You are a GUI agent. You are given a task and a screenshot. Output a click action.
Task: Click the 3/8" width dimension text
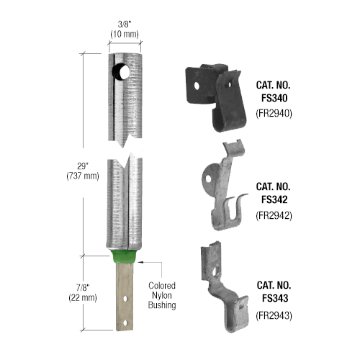[125, 24]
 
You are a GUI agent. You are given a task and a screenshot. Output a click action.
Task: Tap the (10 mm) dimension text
[125, 34]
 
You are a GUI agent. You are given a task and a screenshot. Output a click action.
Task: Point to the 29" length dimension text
[83, 166]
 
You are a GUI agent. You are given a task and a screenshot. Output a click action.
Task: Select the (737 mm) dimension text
[83, 176]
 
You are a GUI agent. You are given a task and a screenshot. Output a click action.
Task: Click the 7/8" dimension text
[83, 287]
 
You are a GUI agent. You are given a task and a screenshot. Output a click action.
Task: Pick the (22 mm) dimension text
[83, 297]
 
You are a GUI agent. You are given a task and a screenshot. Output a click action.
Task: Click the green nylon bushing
[124, 256]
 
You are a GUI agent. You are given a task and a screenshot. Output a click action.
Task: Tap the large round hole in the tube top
[121, 72]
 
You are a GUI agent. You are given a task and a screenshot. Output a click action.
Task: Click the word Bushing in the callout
[162, 305]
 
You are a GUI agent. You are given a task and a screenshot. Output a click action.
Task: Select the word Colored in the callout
[162, 286]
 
